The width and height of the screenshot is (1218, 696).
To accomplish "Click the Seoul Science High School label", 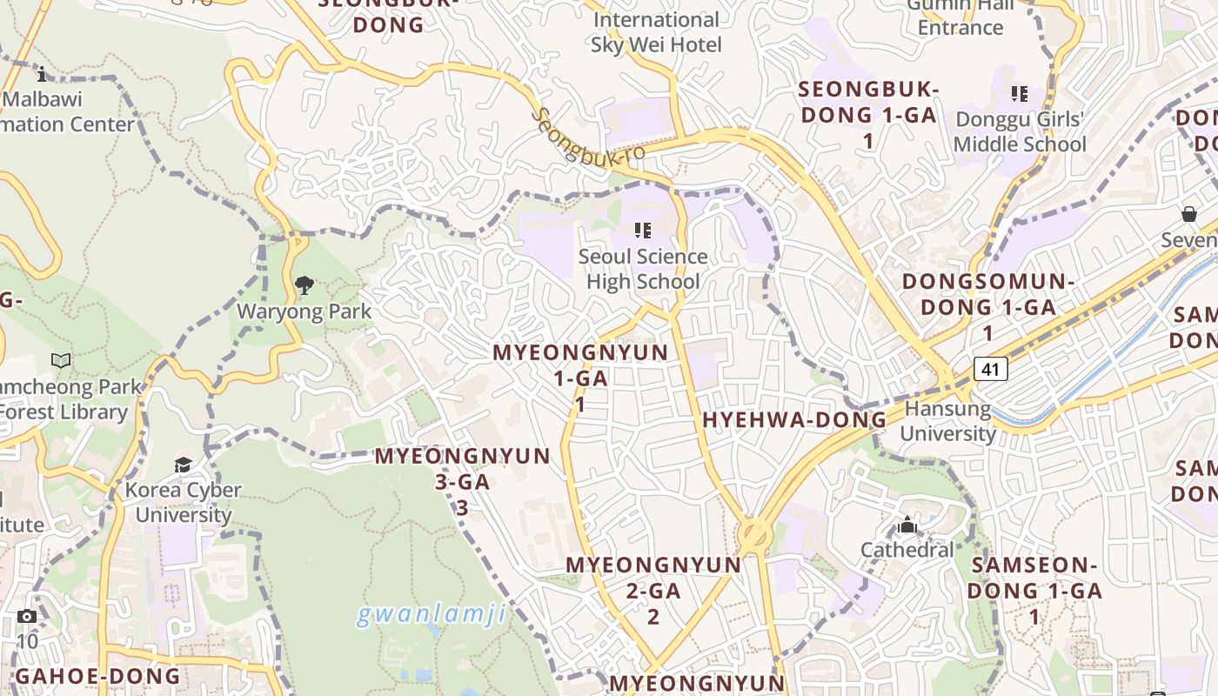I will pyautogui.click(x=643, y=269).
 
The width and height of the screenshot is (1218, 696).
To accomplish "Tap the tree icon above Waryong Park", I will pyautogui.click(x=304, y=285).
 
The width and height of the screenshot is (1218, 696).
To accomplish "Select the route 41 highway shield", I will pyautogui.click(x=990, y=368).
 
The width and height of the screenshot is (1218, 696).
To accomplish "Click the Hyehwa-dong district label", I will pyautogui.click(x=794, y=420).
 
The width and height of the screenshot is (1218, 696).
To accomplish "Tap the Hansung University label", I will pyautogui.click(x=947, y=421).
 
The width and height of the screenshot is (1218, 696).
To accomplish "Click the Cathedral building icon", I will pyautogui.click(x=907, y=525).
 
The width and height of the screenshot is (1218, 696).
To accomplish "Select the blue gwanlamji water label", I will pyautogui.click(x=432, y=615).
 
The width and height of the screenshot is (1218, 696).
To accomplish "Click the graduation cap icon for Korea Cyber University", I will pyautogui.click(x=183, y=465).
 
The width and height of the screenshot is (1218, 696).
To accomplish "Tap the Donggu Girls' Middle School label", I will pyautogui.click(x=1021, y=131).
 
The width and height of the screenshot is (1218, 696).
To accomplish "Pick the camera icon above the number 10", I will pyautogui.click(x=27, y=617).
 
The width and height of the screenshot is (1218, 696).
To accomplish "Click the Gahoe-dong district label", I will pyautogui.click(x=97, y=676).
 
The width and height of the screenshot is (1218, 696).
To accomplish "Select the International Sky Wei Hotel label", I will pyautogui.click(x=656, y=32).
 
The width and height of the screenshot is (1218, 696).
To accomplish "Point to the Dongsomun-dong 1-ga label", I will pyautogui.click(x=988, y=306).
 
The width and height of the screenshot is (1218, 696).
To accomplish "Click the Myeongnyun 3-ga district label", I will pyautogui.click(x=462, y=481).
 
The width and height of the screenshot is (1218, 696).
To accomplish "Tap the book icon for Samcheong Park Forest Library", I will pyautogui.click(x=61, y=361).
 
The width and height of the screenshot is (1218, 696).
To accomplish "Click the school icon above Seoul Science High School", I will pyautogui.click(x=643, y=231).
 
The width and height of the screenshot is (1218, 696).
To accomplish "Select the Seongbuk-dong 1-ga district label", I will pyautogui.click(x=868, y=114).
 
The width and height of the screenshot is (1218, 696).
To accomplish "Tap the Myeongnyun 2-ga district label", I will pyautogui.click(x=653, y=590).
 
